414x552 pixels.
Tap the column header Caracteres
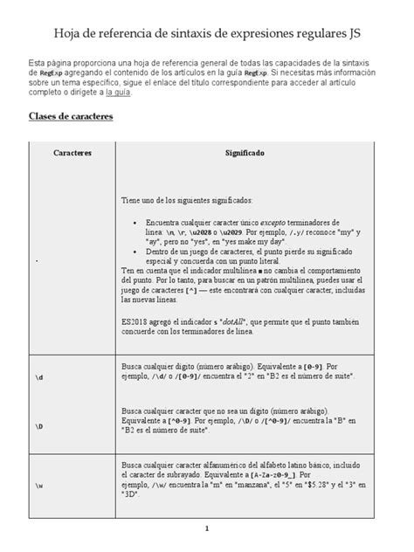point(72,152)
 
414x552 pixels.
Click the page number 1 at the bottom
point(207,529)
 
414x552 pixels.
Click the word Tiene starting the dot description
point(131,200)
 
